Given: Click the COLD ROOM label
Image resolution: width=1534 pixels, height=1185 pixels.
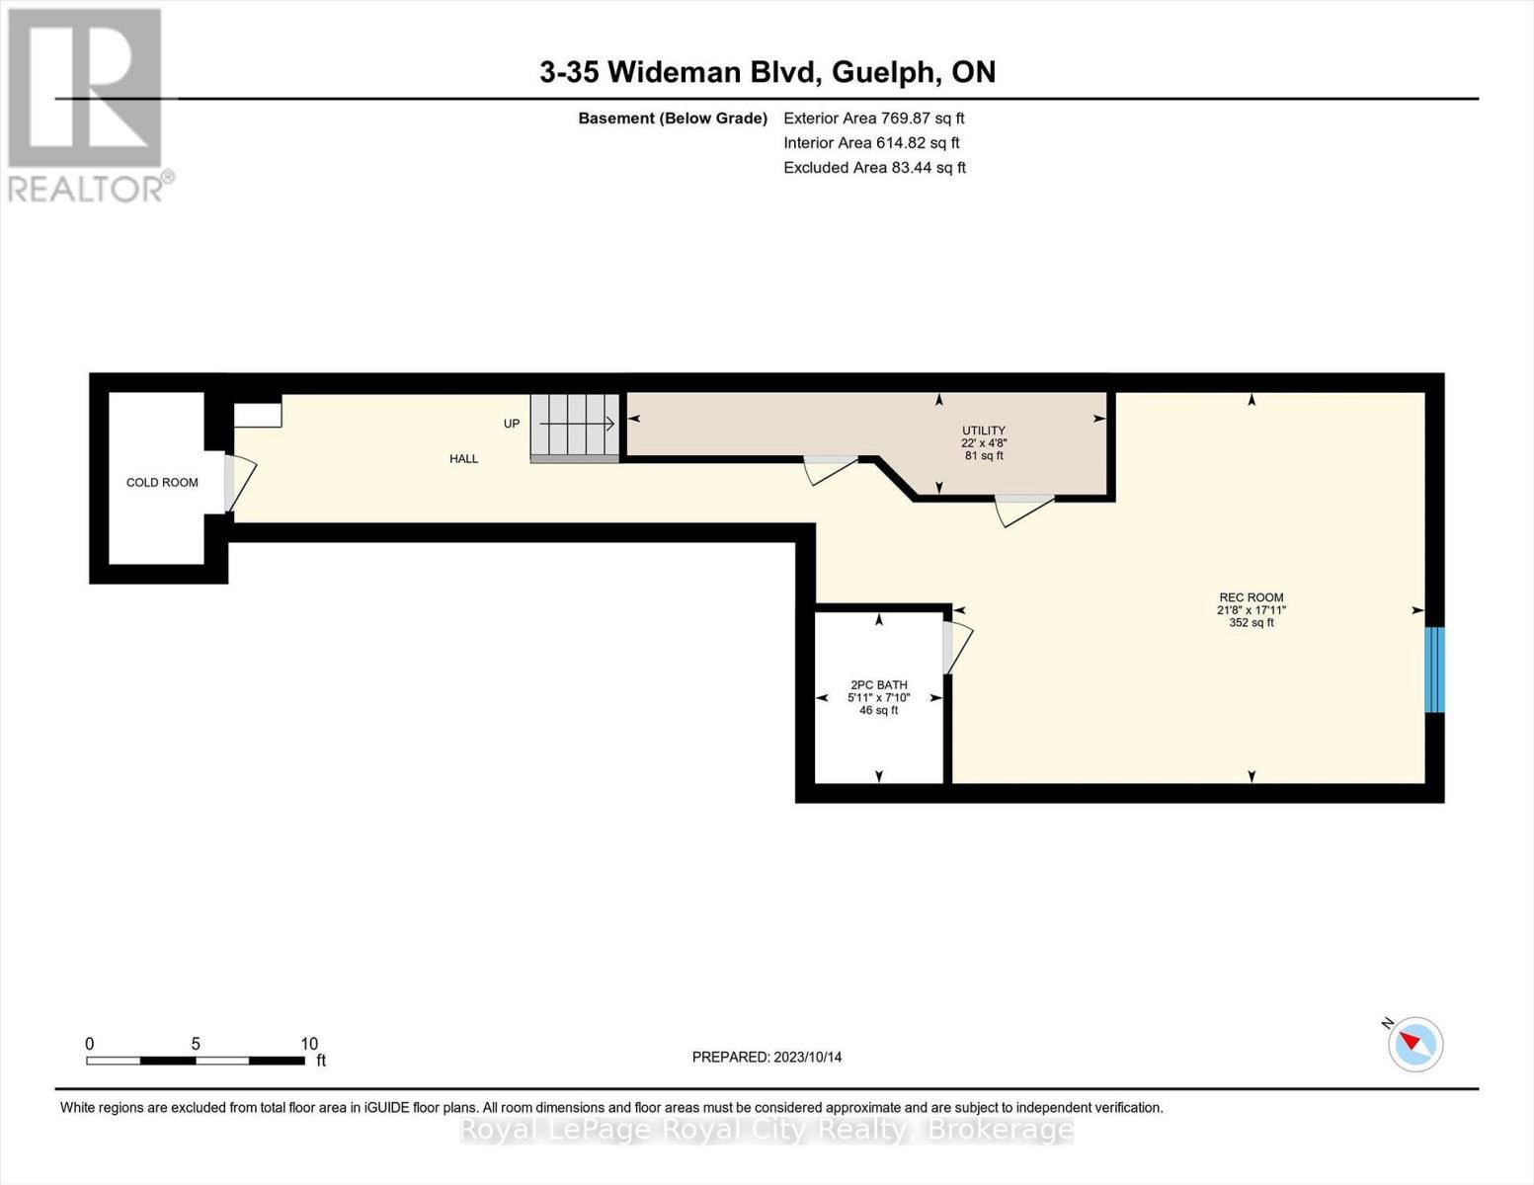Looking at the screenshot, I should [x=162, y=483].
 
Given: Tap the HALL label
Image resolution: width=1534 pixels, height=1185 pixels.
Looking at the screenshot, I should [x=463, y=459].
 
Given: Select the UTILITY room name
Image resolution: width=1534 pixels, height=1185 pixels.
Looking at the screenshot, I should [x=984, y=431].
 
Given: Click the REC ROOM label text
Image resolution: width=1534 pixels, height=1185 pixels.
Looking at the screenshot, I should [x=1251, y=597].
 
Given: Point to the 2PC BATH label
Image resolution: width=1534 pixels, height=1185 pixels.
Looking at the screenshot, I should [x=878, y=685].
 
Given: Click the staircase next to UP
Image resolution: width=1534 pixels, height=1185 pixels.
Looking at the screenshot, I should [x=575, y=427].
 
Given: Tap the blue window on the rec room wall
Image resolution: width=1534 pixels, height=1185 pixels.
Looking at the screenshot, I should [x=1434, y=670].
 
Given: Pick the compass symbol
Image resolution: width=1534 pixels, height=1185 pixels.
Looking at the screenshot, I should [x=1414, y=1044].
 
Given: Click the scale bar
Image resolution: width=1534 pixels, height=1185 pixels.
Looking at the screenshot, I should [x=195, y=1061].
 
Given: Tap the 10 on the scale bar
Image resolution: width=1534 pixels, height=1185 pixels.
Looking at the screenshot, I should [x=309, y=1044].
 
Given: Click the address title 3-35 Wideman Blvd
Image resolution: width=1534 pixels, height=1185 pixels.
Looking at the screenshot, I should [x=767, y=72].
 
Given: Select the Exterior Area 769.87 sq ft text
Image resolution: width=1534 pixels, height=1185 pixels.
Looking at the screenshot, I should [x=873, y=118].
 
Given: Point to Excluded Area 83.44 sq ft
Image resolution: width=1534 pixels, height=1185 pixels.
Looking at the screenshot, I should [x=874, y=168].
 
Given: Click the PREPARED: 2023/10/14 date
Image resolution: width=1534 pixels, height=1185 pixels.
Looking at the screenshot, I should [x=767, y=1058].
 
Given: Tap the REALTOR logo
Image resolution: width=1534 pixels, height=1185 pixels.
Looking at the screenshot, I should [x=87, y=104].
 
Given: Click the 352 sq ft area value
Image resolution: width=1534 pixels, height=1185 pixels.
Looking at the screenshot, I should [x=1251, y=623].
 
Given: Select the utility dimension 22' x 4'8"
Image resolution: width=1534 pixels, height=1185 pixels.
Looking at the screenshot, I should [x=984, y=443].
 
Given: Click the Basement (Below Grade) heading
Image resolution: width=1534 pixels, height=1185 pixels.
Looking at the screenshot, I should [x=673, y=118].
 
